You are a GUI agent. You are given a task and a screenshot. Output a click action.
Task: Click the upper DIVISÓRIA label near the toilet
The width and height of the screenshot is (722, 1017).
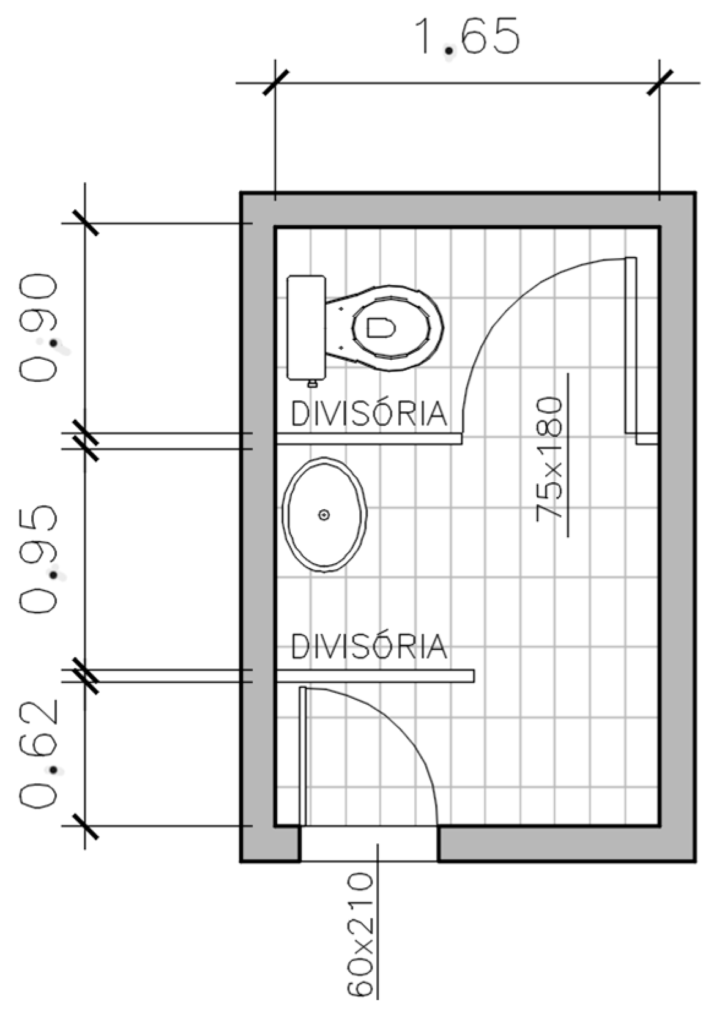click(369, 414)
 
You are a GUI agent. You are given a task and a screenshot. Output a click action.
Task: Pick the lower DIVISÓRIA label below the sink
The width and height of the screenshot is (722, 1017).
click(369, 647)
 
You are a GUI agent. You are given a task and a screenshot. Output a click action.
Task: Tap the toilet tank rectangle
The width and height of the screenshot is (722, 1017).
click(306, 327)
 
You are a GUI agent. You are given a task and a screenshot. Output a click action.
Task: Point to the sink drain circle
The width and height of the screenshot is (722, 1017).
click(324, 515)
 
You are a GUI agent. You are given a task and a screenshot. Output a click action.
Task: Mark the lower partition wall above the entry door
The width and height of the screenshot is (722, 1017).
click(374, 676)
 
